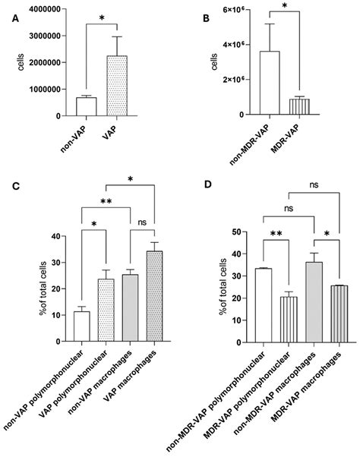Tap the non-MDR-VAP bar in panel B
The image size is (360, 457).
(x=270, y=83)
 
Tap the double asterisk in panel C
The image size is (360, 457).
(x=106, y=203)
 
